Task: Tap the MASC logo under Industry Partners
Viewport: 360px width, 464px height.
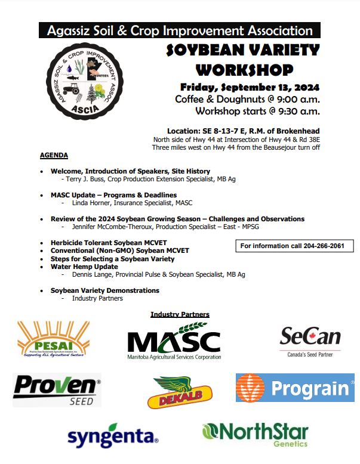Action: click(174, 341)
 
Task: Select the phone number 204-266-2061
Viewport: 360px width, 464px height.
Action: click(319, 246)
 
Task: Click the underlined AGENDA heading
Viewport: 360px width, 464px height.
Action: click(54, 156)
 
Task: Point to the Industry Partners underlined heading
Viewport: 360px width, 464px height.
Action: click(180, 314)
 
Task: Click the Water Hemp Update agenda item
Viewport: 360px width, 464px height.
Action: click(84, 267)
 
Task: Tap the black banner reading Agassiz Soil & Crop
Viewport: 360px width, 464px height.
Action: click(179, 30)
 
